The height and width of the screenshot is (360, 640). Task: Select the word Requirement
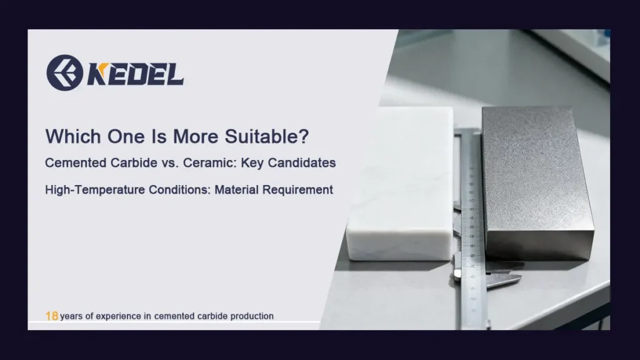pos(299,189)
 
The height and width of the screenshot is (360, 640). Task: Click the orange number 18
pos(52,316)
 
